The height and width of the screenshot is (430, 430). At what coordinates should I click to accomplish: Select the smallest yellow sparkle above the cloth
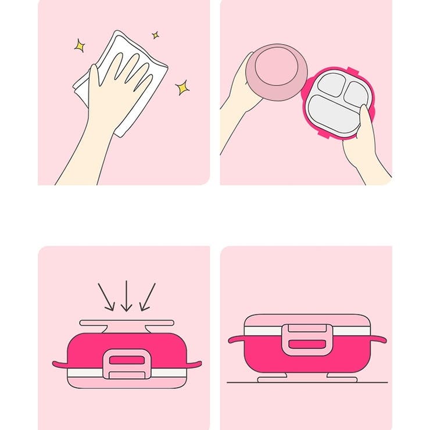tap(155, 35)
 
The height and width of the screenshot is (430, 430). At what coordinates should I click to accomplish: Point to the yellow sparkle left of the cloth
tap(79, 45)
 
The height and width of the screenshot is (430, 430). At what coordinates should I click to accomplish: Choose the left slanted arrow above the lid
tap(106, 296)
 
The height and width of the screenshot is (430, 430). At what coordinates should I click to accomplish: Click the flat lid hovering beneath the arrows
tap(127, 322)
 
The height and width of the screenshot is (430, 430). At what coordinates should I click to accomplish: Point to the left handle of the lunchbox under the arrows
tap(60, 365)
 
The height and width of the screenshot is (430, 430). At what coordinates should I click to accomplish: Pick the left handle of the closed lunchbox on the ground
tap(236, 339)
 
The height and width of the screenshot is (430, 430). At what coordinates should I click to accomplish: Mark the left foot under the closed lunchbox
tap(273, 378)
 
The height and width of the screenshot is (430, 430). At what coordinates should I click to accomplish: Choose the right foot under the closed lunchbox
tap(342, 378)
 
